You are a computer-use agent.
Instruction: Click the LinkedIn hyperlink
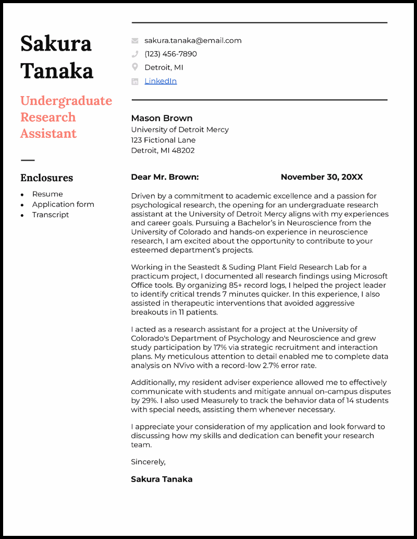(161, 81)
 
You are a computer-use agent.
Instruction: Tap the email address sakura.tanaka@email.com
(193, 40)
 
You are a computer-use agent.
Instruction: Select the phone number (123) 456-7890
(170, 54)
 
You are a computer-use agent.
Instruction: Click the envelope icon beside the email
(135, 40)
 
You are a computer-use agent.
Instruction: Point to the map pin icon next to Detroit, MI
(135, 67)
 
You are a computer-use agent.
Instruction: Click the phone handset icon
(135, 54)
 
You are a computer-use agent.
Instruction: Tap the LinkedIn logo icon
(135, 81)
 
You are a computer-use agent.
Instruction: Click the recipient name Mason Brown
(162, 118)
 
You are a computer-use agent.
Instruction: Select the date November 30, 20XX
(322, 177)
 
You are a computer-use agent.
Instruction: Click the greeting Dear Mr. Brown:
(165, 177)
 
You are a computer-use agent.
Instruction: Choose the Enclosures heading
(46, 178)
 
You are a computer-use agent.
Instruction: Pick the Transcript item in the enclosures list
(51, 215)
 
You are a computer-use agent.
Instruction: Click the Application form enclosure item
(63, 204)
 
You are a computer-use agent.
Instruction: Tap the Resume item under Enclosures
(47, 194)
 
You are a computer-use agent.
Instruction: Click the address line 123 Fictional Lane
(163, 140)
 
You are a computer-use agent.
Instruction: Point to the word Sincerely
(148, 462)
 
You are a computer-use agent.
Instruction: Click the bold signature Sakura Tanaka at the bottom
(162, 479)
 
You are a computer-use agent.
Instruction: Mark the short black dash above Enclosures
(28, 160)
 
